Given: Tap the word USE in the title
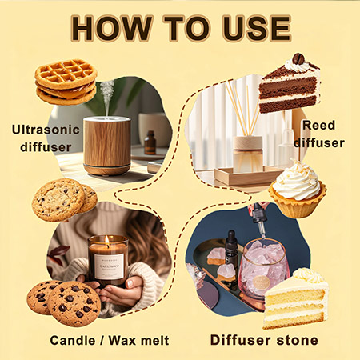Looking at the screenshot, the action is [x=257, y=29].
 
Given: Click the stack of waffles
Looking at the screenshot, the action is [x=66, y=82].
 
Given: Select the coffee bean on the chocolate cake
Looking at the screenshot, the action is [x=298, y=59].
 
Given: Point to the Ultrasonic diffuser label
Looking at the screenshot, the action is [x=46, y=138].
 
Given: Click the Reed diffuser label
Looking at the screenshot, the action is [x=319, y=134].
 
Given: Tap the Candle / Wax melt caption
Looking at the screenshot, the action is [x=110, y=341].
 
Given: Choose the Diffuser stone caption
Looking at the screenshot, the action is [x=264, y=340].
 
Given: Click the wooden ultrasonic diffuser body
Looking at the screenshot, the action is [x=107, y=146].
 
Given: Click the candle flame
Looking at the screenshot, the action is [x=107, y=240].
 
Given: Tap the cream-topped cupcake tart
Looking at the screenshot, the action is [x=298, y=190].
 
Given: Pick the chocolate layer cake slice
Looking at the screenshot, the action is [x=290, y=84].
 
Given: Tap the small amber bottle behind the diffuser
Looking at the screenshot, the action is [x=150, y=142].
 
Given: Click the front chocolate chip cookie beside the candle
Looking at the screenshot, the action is [x=74, y=304].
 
